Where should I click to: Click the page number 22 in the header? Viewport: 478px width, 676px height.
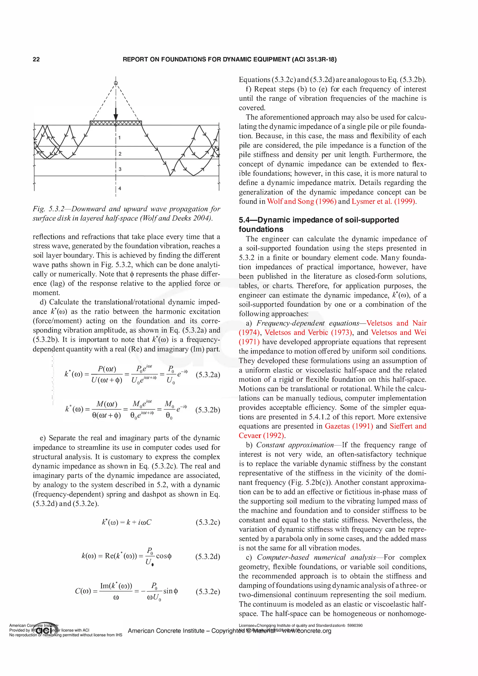click(x=36, y=60)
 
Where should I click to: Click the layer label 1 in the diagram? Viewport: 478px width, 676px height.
click(x=119, y=137)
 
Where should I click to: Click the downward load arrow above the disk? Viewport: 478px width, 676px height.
click(x=116, y=113)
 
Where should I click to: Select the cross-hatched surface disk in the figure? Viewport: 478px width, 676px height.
click(x=116, y=123)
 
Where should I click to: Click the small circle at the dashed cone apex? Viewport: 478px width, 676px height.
click(x=116, y=83)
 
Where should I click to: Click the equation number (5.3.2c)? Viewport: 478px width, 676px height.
click(x=208, y=522)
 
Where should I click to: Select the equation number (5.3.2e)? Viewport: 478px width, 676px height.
click(x=208, y=592)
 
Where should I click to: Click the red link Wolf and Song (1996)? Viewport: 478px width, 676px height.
click(x=302, y=201)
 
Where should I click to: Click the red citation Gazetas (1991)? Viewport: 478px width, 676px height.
click(x=349, y=426)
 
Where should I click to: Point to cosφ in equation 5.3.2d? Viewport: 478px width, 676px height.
click(x=164, y=556)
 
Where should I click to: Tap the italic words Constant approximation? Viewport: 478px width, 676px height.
click(x=295, y=445)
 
